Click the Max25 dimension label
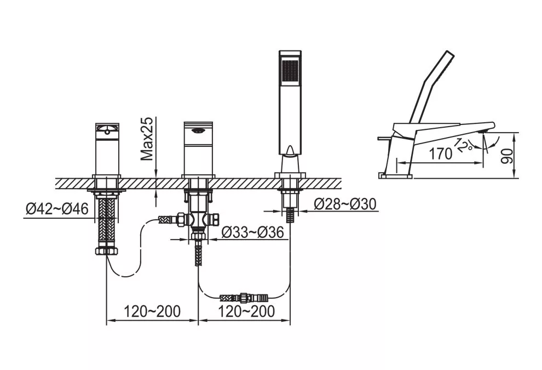tap(147, 139)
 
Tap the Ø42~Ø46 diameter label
tap(57, 209)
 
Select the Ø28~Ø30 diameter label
tap(345, 204)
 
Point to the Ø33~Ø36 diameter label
tap(252, 232)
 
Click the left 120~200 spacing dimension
tap(152, 311)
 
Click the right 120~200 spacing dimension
tap(246, 311)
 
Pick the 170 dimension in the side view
tap(440, 153)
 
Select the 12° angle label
tap(464, 145)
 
